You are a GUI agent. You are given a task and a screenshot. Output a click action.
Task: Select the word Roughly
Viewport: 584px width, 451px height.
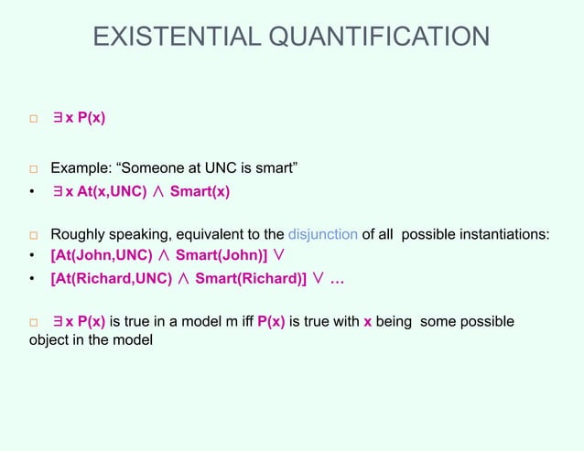[x=79, y=233]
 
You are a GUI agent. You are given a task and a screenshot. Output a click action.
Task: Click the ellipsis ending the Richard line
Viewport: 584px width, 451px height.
[x=337, y=279]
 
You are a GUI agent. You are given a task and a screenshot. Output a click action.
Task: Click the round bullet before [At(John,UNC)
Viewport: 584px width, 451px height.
[x=32, y=256]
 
